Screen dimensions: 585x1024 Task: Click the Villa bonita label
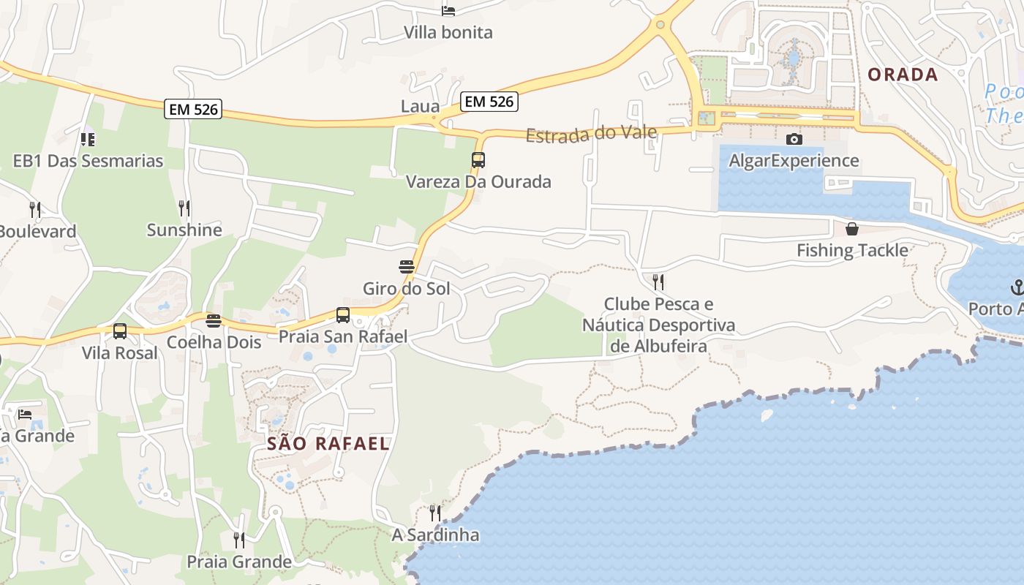tap(448, 32)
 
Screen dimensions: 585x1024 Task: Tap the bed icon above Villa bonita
tap(448, 10)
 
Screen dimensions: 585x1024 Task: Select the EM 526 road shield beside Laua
tap(489, 102)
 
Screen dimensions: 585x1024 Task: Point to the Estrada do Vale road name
tap(591, 135)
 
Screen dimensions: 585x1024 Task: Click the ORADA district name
tap(903, 74)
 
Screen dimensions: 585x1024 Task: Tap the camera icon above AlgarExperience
tap(794, 139)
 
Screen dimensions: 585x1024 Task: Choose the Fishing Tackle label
tap(852, 250)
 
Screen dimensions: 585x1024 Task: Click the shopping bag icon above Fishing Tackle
tap(852, 229)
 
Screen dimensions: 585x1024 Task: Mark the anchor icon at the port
tap(1017, 287)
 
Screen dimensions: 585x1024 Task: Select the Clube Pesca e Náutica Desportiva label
tap(658, 325)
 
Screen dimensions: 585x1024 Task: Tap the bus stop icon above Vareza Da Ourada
tap(478, 159)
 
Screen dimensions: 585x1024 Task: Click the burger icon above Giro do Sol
tap(407, 266)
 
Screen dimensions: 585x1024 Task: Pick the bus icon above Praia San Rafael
tap(343, 315)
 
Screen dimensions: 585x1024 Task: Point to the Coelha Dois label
tap(214, 342)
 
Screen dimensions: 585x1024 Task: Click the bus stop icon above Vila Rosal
tap(120, 331)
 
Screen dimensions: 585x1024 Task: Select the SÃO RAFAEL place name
tap(328, 443)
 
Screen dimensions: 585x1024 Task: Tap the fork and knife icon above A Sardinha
tap(435, 513)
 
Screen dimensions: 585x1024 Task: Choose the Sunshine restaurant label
tap(184, 230)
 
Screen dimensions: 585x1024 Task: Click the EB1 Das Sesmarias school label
tap(88, 161)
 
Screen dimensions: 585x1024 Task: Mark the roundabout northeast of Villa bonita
tap(660, 25)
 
